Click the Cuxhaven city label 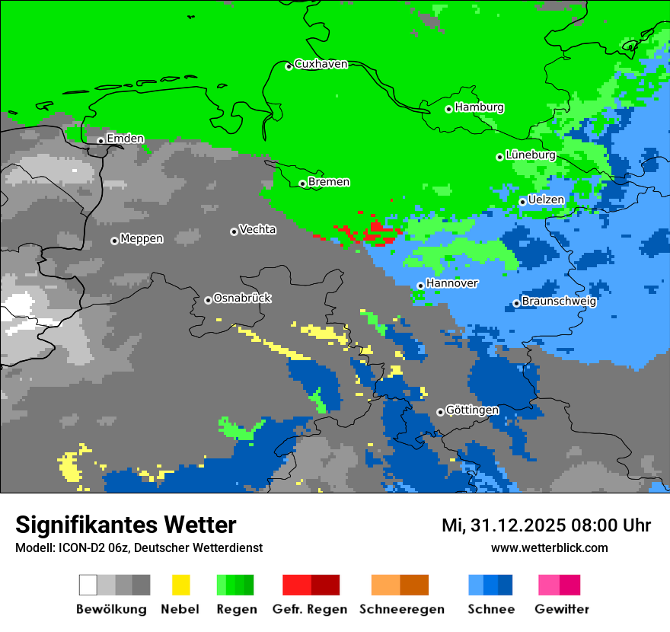321,64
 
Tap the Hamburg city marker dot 449,109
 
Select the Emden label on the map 125,139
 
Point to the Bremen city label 329,182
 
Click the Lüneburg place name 530,155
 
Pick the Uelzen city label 546,200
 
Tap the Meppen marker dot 114,241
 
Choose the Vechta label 257,230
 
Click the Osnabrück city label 242,298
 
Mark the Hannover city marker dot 420,286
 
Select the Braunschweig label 559,301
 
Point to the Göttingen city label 472,410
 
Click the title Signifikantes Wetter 126,525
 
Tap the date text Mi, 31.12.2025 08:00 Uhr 546,525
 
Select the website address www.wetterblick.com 549,547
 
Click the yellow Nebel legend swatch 180,585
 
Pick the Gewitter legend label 561,609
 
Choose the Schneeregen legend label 401,609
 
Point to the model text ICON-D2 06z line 139,547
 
